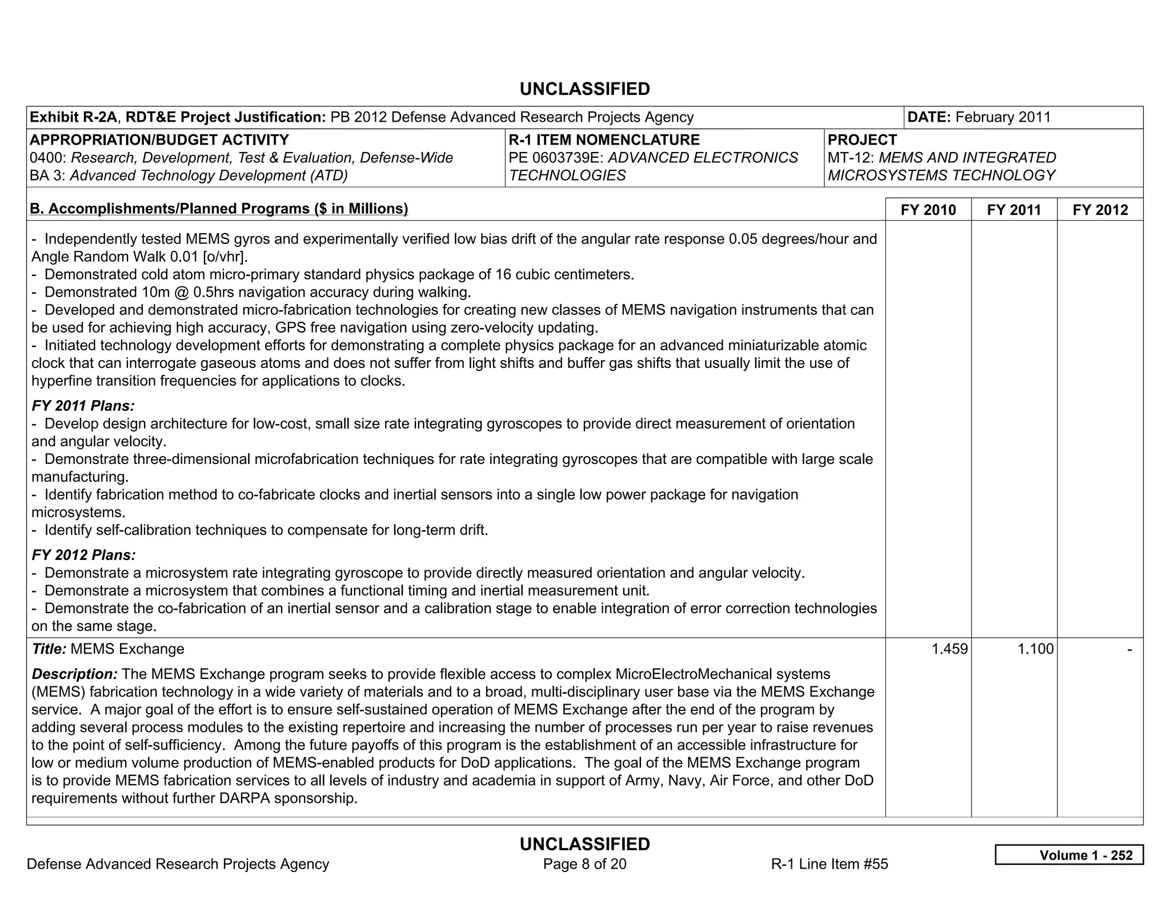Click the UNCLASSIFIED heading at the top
click(x=584, y=89)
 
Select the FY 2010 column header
click(x=928, y=210)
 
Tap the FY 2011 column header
click(x=1013, y=210)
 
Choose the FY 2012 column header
click(x=1100, y=210)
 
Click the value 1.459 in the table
click(x=949, y=649)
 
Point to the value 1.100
click(x=1035, y=649)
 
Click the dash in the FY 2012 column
click(x=1129, y=649)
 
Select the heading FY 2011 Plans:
click(x=83, y=406)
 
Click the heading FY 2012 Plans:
click(x=83, y=555)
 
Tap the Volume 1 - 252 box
click(x=1069, y=855)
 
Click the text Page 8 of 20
click(x=584, y=864)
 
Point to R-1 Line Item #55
click(x=829, y=864)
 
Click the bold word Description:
click(x=74, y=674)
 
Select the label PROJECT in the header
click(x=862, y=140)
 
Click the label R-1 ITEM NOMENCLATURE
click(x=604, y=140)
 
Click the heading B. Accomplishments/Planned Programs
click(x=219, y=209)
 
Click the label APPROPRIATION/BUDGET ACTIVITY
click(x=159, y=140)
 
